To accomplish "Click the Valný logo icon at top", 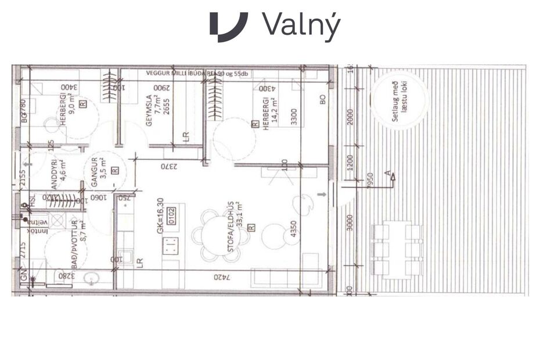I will [228, 26].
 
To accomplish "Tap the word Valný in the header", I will [300, 25].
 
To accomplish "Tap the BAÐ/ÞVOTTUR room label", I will [74, 240].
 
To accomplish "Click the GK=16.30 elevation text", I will [160, 218].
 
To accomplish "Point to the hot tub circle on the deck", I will [398, 104].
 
